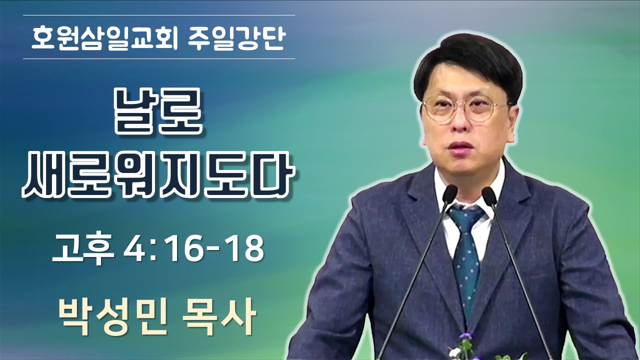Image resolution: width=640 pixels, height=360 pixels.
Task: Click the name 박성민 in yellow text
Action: pyautogui.click(x=113, y=316)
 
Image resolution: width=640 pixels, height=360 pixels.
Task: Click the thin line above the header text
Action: pyautogui.click(x=159, y=15)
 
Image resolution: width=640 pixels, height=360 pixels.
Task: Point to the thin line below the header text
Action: pyautogui.click(x=159, y=59)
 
